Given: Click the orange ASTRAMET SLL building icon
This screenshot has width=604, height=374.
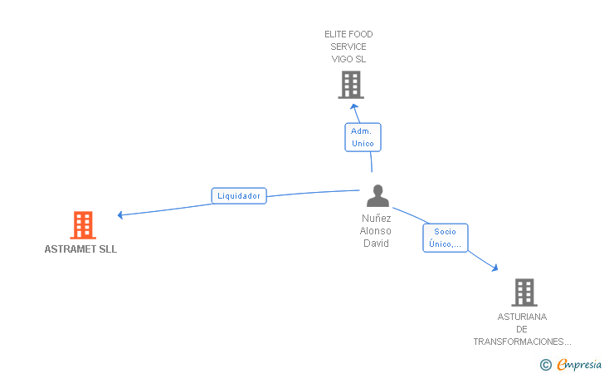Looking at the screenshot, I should pos(82,224).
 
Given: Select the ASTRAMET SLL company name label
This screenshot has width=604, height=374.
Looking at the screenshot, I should pos(80,249).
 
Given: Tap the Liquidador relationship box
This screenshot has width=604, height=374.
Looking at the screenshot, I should pos(239,196).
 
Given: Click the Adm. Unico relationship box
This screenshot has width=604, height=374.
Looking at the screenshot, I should pos(363,137).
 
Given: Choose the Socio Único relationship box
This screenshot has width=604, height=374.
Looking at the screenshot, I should pos(446,238).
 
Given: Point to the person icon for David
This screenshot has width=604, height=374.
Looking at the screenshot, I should pos(377,196).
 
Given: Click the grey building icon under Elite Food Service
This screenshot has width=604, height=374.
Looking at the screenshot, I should pos(351,85).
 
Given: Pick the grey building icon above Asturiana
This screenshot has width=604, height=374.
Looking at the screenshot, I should pos(524,292).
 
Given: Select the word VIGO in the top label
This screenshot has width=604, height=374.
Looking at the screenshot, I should pos(341,59).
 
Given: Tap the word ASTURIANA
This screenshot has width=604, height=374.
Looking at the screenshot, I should pos(522,317).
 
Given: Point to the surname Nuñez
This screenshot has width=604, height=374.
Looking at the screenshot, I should pos(376,219).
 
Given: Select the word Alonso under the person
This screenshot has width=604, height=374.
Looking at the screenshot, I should pos(376,231).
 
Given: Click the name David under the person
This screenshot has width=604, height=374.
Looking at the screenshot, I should pos(376,244).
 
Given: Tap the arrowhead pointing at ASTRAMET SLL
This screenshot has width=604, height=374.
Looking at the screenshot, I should pos(121,214).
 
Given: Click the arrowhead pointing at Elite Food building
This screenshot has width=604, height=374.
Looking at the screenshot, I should pos(353,106).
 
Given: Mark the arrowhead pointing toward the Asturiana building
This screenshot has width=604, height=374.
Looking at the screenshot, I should pos(494,268).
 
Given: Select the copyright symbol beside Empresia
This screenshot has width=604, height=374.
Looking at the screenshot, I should pos(545,364).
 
